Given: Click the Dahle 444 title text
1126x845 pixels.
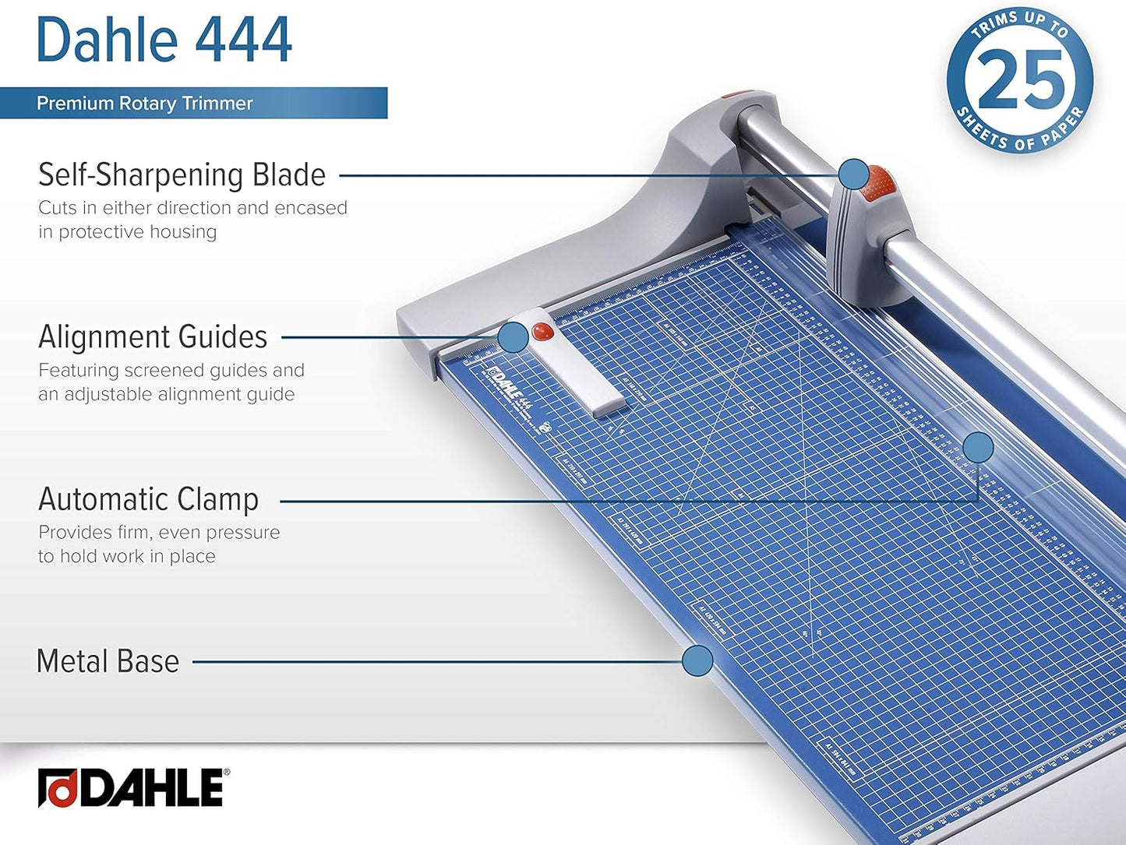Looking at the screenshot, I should tap(164, 40).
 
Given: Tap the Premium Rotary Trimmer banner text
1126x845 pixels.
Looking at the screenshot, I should tap(145, 104).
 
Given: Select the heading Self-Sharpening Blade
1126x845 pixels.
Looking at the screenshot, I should tap(182, 175).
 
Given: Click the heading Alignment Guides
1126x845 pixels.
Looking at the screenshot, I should tap(153, 337).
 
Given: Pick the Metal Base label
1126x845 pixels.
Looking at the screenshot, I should tap(108, 662).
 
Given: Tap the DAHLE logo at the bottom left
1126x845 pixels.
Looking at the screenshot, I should tap(133, 788).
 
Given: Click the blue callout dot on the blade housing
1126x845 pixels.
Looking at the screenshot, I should tap(854, 174).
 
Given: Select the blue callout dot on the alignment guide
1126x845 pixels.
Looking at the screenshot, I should tap(513, 336).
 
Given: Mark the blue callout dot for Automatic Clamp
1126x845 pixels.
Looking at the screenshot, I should tap(978, 447).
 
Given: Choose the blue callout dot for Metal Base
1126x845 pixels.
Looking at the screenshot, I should tap(697, 660).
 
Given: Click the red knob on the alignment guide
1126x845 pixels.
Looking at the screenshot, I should tap(542, 333).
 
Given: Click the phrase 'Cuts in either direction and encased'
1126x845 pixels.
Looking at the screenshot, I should tap(192, 208).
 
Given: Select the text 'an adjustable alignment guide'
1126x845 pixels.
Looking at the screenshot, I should tap(166, 394).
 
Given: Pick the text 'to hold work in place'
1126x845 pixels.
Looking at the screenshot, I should tap(126, 556).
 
